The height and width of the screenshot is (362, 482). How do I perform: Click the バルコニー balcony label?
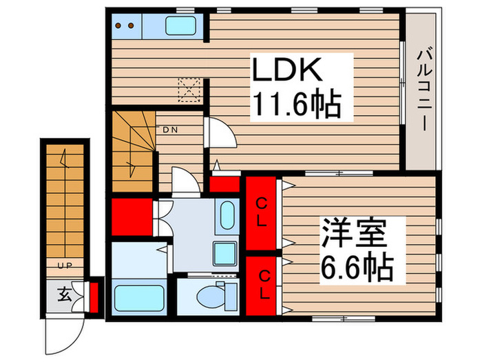pos(423,90)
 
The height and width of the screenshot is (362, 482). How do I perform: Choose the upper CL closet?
pos(262,214)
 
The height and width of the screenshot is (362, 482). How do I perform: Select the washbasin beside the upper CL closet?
pos(226,218)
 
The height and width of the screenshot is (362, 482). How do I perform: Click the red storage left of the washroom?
pos(131,216)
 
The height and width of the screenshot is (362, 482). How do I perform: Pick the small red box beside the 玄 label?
pos(96,295)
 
